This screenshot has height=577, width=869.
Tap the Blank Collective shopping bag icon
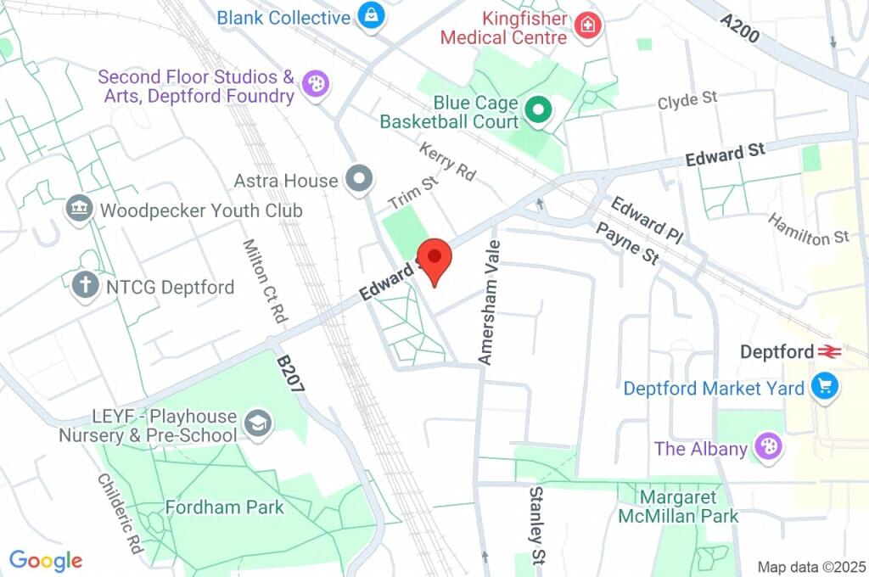pyautogui.click(x=371, y=16)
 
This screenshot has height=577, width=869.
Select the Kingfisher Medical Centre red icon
pyautogui.click(x=586, y=26)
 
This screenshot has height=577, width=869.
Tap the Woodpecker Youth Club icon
pyautogui.click(x=79, y=209)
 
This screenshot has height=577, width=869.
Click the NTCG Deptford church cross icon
pyautogui.click(x=85, y=286)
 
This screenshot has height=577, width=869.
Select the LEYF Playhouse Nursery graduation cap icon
pyautogui.click(x=256, y=422)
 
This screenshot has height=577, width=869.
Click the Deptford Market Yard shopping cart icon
pyautogui.click(x=823, y=387)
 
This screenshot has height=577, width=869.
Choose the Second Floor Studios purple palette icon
pyautogui.click(x=315, y=84)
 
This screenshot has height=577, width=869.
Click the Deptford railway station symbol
pyautogui.click(x=829, y=351)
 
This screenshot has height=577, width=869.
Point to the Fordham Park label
pyautogui.click(x=225, y=507)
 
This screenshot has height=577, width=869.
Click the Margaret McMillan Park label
pyautogui.click(x=679, y=506)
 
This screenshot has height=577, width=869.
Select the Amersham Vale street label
pyautogui.click(x=490, y=302)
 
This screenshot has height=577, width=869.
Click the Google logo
pyautogui.click(x=45, y=560)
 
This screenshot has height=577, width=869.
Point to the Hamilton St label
pyautogui.click(x=809, y=230)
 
